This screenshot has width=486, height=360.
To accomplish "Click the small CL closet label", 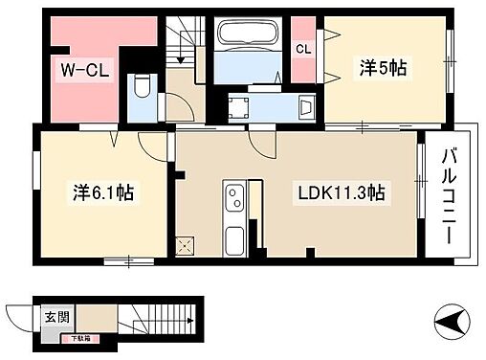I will [x=302, y=49].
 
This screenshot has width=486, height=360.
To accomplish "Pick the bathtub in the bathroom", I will [x=248, y=37].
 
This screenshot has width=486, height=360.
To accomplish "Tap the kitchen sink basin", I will [x=232, y=236].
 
